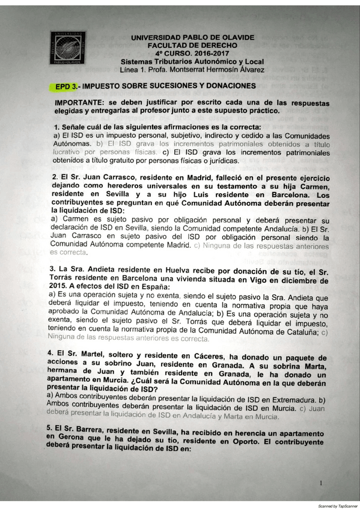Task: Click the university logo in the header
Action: (67, 48)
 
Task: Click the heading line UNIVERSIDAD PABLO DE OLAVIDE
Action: (192, 37)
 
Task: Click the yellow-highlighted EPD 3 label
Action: (66, 86)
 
